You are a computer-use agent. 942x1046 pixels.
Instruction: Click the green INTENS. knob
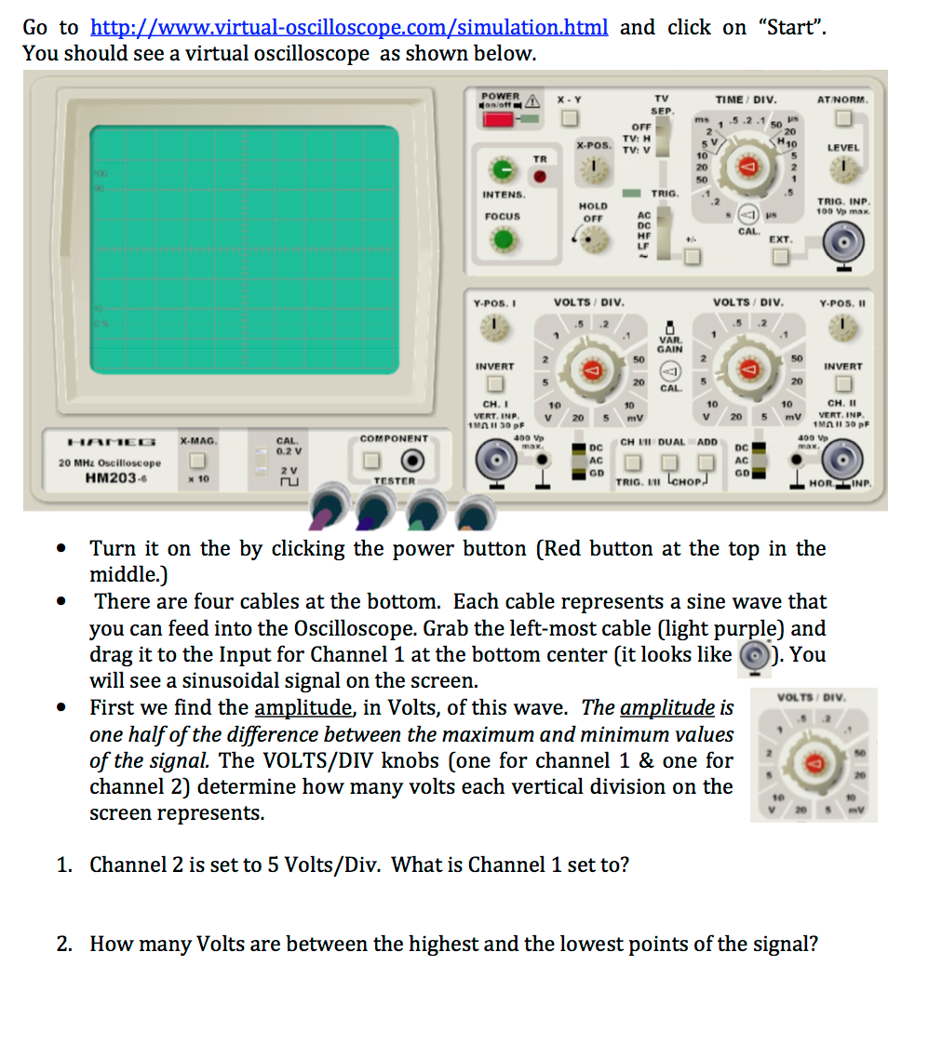click(x=504, y=170)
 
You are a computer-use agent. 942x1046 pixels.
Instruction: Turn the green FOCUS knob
click(x=504, y=240)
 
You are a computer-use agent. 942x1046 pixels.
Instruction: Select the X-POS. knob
click(x=592, y=168)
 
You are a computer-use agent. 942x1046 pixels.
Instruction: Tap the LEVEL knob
click(x=844, y=169)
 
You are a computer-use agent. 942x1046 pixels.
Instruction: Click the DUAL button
click(x=671, y=463)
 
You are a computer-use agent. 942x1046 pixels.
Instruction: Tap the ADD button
click(x=706, y=463)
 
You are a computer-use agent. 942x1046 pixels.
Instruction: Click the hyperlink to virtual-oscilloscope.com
click(x=349, y=27)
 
